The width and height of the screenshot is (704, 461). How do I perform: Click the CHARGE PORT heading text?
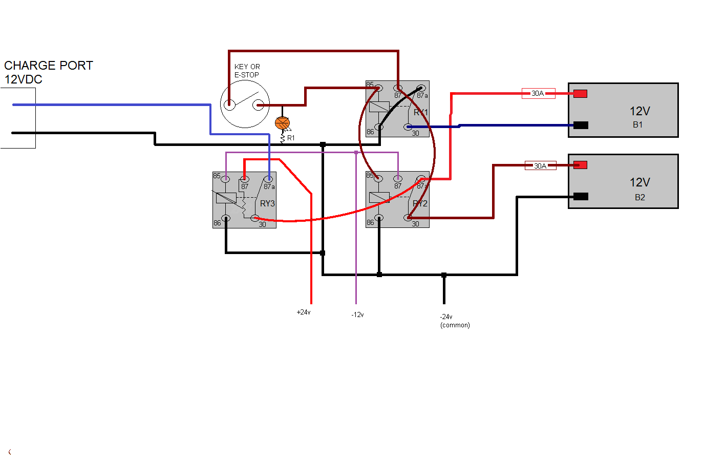49,66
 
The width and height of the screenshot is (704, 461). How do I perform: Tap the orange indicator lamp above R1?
282,123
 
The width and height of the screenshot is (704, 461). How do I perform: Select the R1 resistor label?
291,138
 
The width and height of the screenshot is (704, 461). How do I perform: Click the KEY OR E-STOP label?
247,71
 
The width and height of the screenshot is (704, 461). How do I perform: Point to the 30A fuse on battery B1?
538,93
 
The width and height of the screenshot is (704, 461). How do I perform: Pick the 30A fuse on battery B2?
540,165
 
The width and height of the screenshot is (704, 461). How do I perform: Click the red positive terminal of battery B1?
580,94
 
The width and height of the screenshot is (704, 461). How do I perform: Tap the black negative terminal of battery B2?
581,196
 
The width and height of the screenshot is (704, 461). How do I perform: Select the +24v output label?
304,312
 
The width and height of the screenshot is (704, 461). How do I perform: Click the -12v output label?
357,315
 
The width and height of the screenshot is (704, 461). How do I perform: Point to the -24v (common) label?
455,321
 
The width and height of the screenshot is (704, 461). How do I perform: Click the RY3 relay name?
267,203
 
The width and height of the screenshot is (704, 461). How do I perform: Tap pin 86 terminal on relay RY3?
226,218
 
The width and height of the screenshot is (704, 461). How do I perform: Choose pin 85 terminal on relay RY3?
225,179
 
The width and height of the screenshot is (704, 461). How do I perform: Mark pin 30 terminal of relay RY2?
408,218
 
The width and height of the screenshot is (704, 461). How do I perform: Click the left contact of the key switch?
229,104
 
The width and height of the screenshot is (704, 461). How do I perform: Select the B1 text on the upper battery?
637,124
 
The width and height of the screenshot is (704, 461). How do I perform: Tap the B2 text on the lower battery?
639,197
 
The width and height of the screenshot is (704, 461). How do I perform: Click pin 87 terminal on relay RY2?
398,178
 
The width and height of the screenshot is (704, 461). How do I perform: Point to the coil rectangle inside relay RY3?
226,198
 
